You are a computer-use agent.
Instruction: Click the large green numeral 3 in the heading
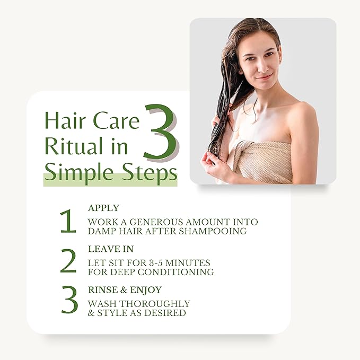[160, 132]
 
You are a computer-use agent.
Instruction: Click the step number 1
[68, 221]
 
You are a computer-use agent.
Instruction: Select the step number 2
[68, 261]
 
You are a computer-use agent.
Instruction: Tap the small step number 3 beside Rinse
[69, 300]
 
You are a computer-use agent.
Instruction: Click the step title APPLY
[103, 208]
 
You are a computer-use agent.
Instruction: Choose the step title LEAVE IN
[111, 249]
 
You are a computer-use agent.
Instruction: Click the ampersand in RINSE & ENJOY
[124, 289]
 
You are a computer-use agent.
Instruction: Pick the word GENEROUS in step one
[156, 222]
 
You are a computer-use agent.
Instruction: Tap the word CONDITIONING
[175, 272]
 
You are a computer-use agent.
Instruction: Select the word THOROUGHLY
[155, 304]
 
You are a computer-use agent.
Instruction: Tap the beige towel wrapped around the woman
[264, 162]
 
